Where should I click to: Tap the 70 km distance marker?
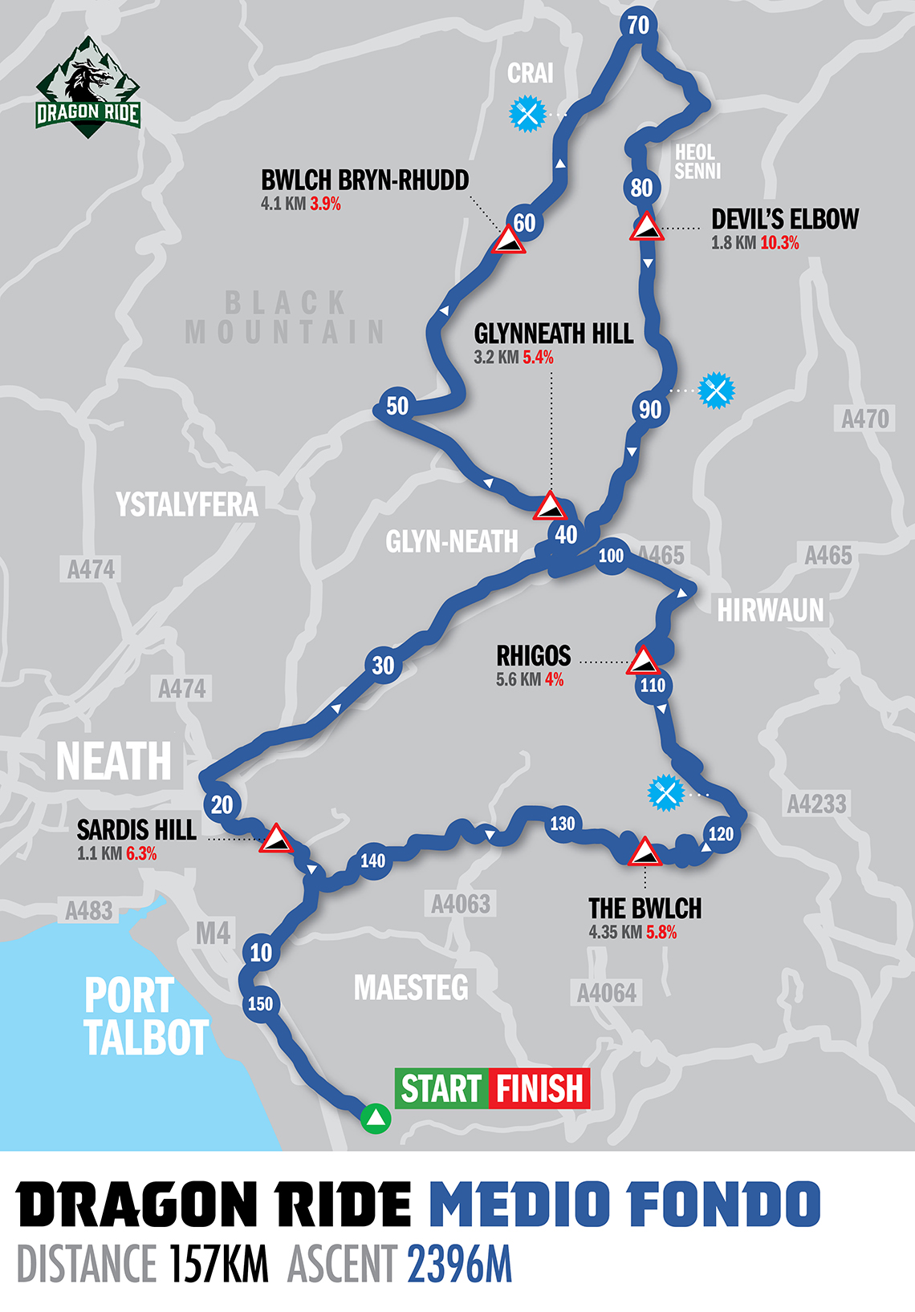coord(638,26)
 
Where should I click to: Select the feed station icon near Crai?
coord(528,113)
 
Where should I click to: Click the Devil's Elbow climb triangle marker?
coord(646,227)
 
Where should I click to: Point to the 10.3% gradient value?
coord(779,243)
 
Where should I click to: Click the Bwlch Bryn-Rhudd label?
coord(365,180)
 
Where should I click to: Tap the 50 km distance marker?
coord(397,406)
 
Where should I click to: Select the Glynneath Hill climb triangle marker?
coord(551,506)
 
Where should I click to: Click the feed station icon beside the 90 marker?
coord(716,391)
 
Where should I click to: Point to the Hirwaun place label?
coord(770,610)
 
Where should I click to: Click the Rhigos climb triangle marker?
coord(643,662)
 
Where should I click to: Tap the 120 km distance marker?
coord(721,834)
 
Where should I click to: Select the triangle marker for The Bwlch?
coord(644,852)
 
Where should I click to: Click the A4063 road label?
coord(461,905)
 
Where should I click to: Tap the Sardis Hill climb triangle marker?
coord(276,838)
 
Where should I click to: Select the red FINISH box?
coord(539,1089)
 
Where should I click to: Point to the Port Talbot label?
coord(144,1017)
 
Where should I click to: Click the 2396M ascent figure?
coord(459,1265)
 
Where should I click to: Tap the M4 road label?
coord(213,933)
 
